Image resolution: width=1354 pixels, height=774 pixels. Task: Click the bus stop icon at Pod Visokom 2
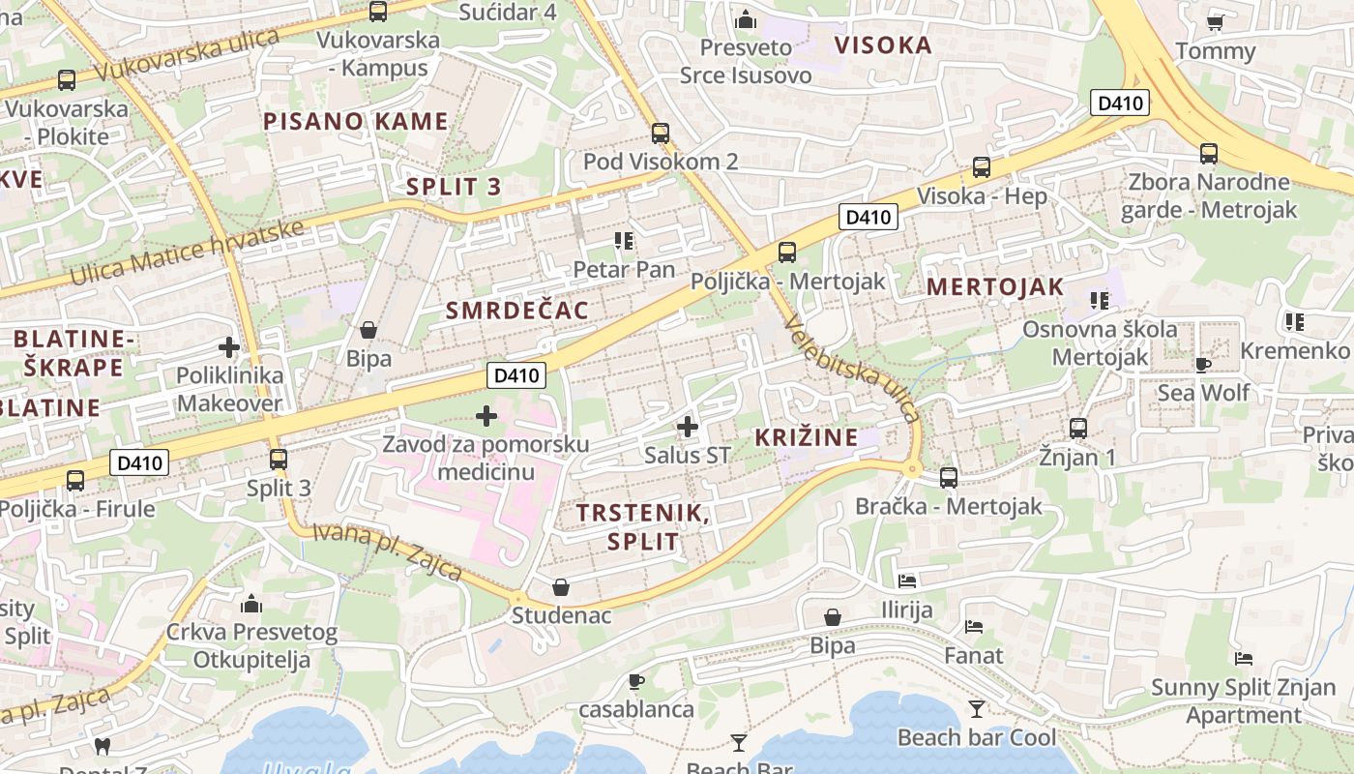661,134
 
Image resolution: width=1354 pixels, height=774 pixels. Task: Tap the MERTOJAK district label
994,286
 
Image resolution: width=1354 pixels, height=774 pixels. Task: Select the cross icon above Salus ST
688,426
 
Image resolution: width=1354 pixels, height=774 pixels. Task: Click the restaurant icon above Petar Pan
624,240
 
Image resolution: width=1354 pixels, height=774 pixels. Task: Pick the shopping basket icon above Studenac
561,587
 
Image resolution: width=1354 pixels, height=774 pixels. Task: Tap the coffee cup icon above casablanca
636,681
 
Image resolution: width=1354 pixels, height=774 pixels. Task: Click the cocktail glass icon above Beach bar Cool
977,709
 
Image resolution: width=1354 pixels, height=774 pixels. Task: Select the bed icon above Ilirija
907,580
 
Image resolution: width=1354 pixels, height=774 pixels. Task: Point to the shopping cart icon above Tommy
1216,21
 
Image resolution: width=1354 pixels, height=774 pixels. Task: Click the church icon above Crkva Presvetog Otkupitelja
251,605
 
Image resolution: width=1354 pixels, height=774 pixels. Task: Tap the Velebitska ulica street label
852,368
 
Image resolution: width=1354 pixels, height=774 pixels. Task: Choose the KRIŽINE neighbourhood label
806,436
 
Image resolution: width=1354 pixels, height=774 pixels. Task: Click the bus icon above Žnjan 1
1078,428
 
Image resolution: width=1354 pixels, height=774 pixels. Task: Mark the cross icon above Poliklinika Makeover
229,346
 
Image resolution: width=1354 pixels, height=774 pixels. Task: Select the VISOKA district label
883,45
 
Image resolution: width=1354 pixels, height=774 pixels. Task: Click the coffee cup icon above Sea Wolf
1203,365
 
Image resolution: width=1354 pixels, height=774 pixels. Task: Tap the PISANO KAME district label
356,121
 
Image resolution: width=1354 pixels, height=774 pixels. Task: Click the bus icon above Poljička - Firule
75,480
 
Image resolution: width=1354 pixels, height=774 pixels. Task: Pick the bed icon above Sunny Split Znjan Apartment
1245,659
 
